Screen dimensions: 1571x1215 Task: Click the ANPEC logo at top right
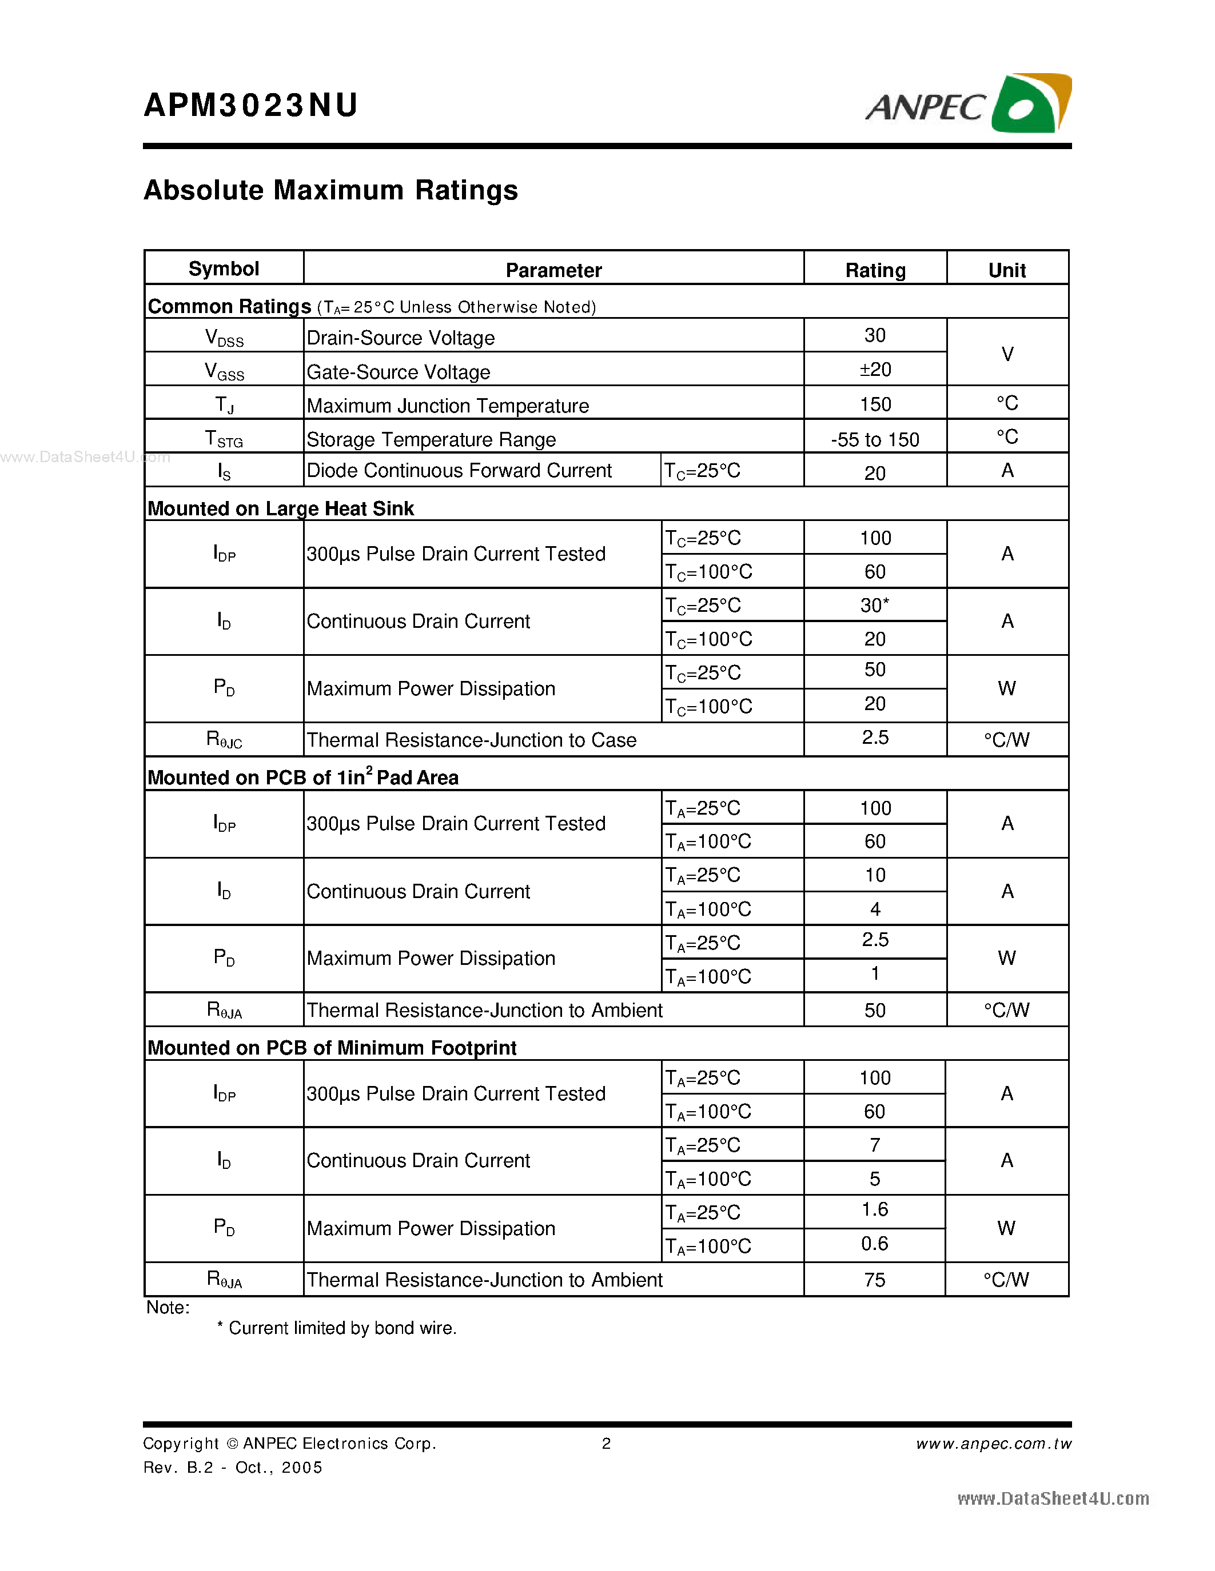968,105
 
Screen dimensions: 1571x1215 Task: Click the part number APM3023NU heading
250,106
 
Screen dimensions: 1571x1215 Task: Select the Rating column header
875,270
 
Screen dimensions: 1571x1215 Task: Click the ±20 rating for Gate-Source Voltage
875,370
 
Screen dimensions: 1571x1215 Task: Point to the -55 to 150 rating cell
875,439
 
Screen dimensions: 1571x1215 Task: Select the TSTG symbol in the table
224,439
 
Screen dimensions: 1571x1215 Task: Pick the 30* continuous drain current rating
875,606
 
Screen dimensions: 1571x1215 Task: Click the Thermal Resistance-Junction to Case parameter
472,740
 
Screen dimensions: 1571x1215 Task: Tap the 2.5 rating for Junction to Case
875,738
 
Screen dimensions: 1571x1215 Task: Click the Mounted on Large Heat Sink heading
281,508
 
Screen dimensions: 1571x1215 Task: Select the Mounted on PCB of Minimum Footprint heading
332,1048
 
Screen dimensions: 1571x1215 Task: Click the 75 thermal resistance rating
875,1280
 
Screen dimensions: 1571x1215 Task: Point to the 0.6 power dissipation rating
875,1244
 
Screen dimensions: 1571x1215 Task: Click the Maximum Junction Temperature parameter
448,406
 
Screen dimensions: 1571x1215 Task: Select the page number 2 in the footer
606,1444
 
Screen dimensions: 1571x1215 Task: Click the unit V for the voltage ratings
1007,354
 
